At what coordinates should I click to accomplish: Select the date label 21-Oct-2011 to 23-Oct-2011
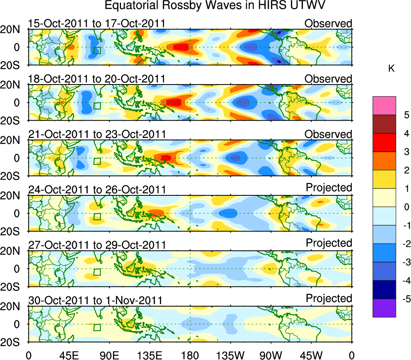pyautogui.click(x=96, y=134)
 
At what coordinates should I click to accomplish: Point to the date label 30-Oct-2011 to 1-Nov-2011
pyautogui.click(x=95, y=301)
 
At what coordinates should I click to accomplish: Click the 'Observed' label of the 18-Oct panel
pyautogui.click(x=328, y=79)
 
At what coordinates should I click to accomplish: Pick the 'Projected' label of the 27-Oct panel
pyautogui.click(x=329, y=243)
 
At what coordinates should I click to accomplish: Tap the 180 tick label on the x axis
pyautogui.click(x=190, y=355)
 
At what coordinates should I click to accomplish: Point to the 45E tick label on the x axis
pyautogui.click(x=68, y=355)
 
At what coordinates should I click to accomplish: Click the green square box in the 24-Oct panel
pyautogui.click(x=97, y=216)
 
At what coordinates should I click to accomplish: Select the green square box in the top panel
pyautogui.click(x=97, y=50)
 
